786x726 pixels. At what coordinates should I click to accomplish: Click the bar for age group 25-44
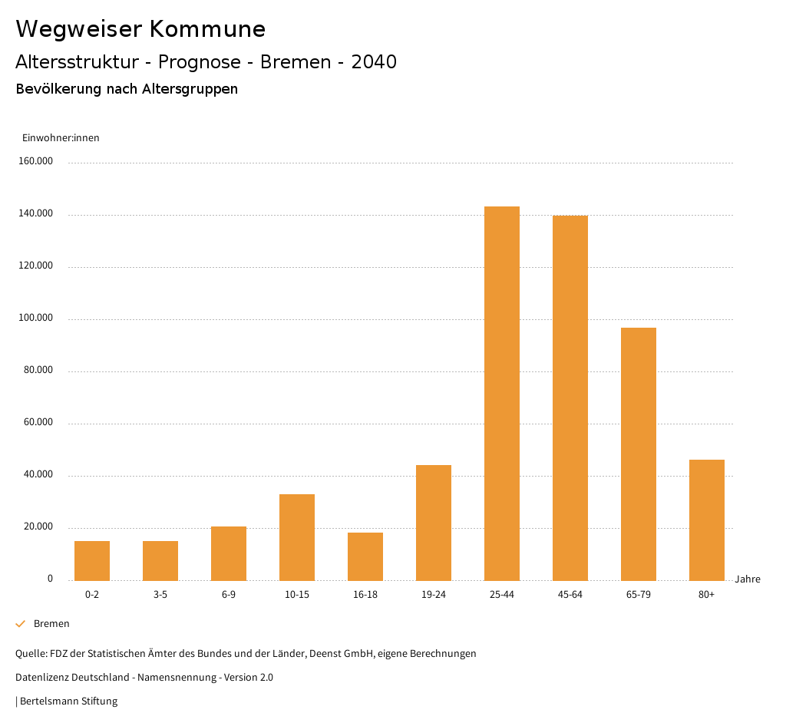click(x=502, y=393)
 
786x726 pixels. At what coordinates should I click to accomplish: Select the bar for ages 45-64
click(x=570, y=398)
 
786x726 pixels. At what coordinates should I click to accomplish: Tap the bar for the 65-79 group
click(x=639, y=454)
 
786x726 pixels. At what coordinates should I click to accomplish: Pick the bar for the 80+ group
click(x=707, y=520)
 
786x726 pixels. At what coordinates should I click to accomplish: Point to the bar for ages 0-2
click(x=92, y=560)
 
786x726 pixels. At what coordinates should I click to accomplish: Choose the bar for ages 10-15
click(x=297, y=537)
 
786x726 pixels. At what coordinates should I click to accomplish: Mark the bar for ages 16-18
click(x=365, y=556)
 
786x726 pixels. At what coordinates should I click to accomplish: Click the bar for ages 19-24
click(x=434, y=523)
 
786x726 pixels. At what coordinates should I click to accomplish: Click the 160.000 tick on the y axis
click(x=37, y=161)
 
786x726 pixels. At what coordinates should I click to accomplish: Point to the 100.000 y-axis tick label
click(x=37, y=318)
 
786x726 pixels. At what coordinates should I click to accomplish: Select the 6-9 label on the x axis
click(x=229, y=595)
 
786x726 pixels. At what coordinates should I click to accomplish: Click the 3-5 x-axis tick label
click(x=160, y=595)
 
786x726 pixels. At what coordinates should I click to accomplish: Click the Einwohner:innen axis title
click(x=61, y=138)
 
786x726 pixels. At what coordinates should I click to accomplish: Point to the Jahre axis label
click(x=748, y=579)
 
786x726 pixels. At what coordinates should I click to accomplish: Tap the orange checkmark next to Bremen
click(x=21, y=624)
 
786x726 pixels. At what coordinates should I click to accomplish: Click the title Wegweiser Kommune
click(x=140, y=29)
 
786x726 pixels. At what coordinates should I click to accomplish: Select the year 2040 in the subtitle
click(x=374, y=62)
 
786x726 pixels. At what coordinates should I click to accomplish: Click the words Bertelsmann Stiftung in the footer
click(x=68, y=701)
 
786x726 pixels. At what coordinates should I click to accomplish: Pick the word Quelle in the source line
click(x=30, y=654)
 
